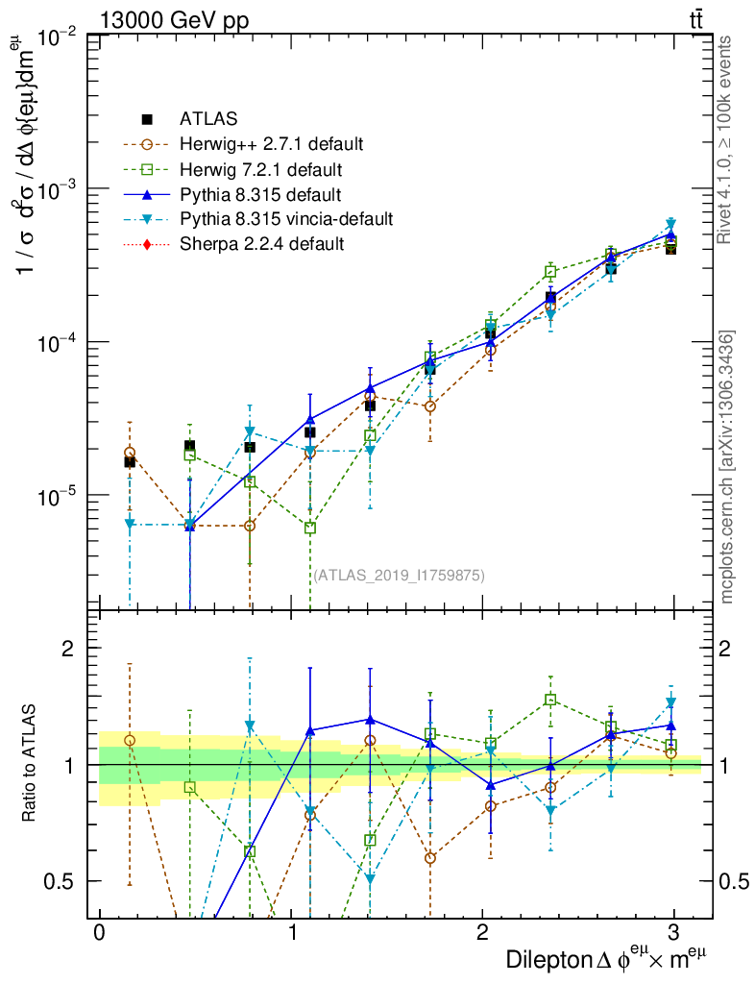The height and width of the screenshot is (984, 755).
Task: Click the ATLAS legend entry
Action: (x=207, y=119)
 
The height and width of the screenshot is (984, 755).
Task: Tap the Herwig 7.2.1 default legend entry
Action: (x=260, y=169)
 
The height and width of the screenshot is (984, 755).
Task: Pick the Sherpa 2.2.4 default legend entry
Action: (x=261, y=244)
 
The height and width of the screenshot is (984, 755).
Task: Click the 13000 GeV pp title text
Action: (x=174, y=19)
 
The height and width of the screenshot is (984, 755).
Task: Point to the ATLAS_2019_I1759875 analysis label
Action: (x=399, y=576)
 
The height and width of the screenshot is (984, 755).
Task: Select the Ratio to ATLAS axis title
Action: (x=31, y=765)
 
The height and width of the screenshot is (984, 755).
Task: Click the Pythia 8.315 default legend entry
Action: (x=259, y=194)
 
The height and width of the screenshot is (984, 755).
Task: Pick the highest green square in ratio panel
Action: (x=550, y=700)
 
